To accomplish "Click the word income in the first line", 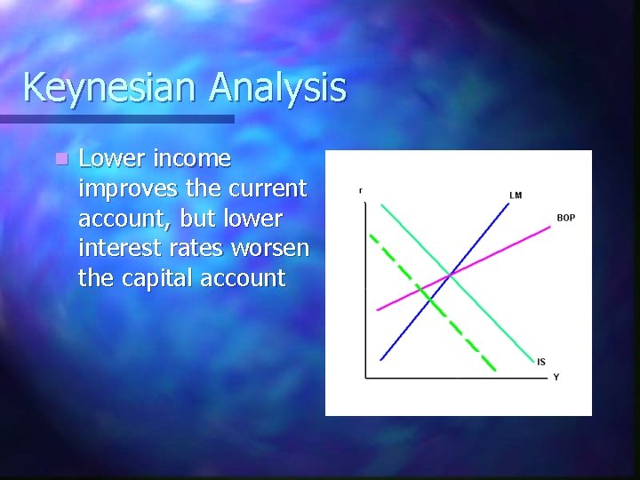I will click(192, 159).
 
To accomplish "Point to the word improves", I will click(121, 189).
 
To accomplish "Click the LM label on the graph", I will click(516, 195).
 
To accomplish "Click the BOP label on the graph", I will click(565, 218).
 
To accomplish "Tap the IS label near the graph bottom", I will click(541, 361).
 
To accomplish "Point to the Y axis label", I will click(556, 377).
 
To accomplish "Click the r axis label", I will click(360, 189).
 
